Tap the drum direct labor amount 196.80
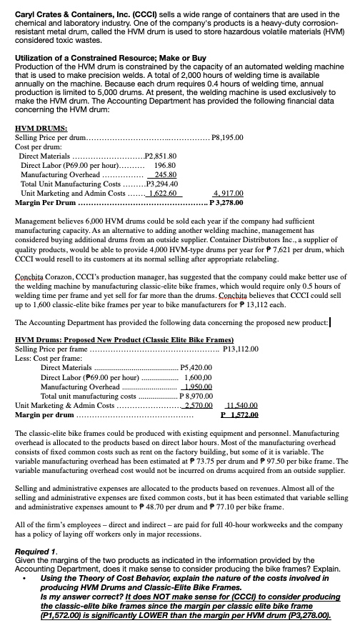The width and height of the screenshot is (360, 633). [x=170, y=164]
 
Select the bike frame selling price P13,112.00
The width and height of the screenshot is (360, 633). [x=244, y=349]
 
